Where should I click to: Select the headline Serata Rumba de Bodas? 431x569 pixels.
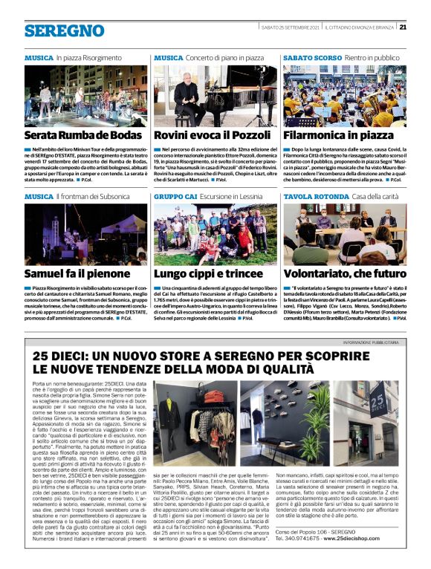82,135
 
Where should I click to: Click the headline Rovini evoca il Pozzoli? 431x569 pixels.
212,135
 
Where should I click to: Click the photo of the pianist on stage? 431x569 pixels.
213,96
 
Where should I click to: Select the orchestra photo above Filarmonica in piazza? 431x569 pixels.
344,96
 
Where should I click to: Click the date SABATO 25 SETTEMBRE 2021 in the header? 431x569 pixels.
291,27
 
